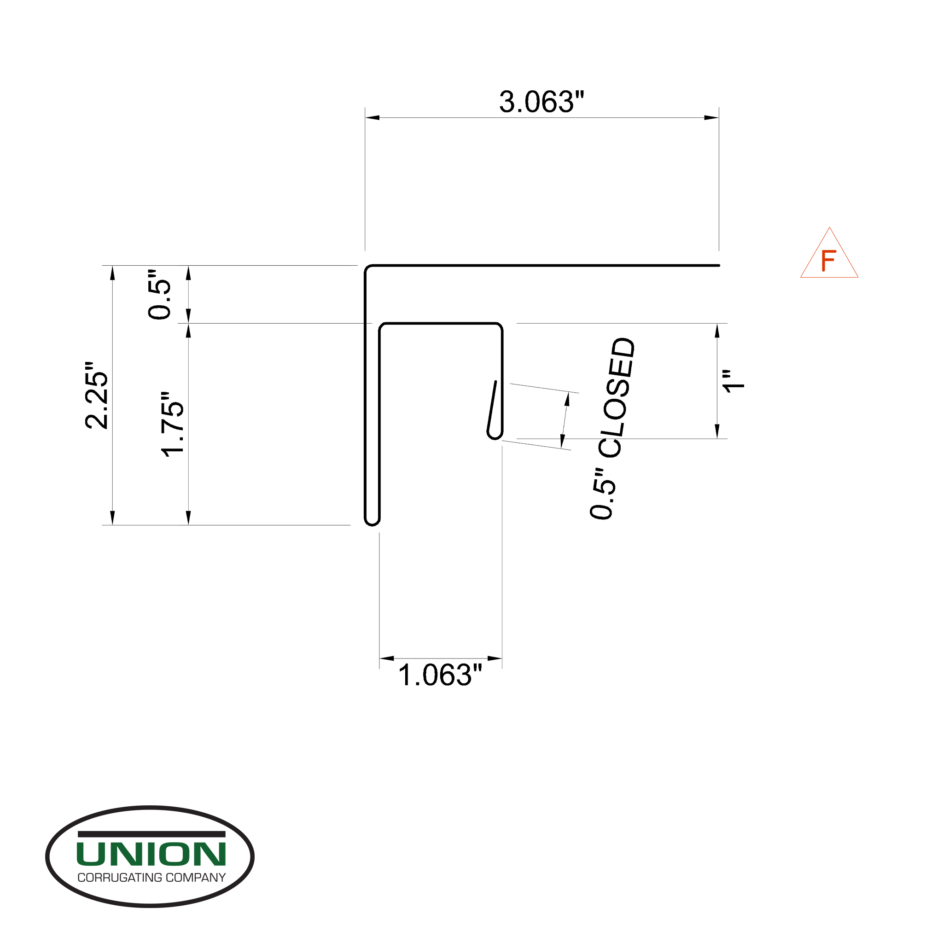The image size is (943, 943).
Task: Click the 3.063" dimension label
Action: coord(541,103)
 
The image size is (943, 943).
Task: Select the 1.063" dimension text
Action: coord(440,675)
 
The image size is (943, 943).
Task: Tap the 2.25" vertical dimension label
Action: coord(97,396)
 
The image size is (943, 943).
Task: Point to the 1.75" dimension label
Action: coord(173,424)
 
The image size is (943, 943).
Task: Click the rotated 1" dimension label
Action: coord(733,381)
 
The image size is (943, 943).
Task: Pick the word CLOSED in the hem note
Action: coord(617,397)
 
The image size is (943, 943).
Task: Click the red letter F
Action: coord(828,261)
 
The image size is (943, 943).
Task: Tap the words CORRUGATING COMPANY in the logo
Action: coord(151,878)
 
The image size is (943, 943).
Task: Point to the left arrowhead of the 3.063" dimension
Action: coord(372,117)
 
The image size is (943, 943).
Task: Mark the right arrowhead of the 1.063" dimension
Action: coord(495,658)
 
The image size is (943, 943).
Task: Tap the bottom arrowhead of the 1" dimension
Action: coord(716,431)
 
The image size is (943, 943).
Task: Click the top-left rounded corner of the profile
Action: coord(368,269)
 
